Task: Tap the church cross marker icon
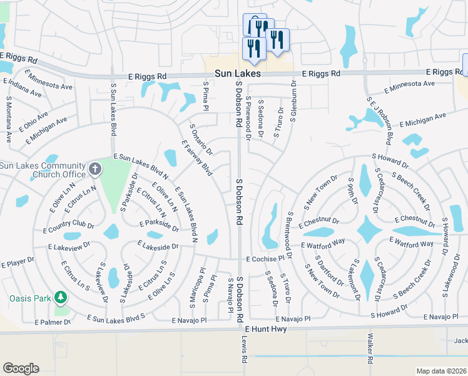(94, 168)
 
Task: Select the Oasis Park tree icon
(61, 296)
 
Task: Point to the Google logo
(21, 368)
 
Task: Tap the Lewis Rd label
(245, 352)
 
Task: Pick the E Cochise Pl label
(270, 258)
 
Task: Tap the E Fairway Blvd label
(198, 157)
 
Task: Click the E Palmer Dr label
(53, 322)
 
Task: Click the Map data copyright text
(441, 370)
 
